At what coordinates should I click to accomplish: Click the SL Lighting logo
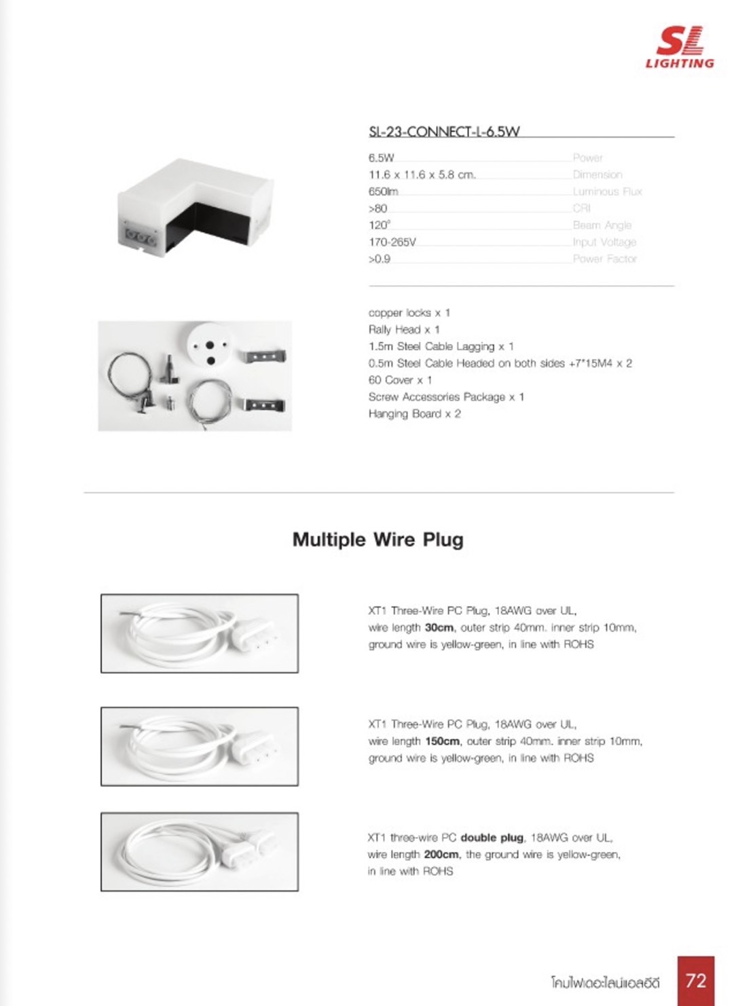[680, 48]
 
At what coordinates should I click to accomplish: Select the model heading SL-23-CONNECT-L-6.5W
[444, 132]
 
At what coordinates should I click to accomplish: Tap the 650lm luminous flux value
[383, 191]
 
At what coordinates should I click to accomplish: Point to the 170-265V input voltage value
[392, 242]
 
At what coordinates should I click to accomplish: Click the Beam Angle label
[602, 225]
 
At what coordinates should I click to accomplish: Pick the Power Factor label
[604, 259]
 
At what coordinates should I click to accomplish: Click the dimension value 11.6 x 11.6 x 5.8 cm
[422, 174]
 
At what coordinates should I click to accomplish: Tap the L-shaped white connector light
[196, 206]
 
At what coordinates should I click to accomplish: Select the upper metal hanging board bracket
[265, 356]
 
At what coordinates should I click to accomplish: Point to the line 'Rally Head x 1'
[404, 329]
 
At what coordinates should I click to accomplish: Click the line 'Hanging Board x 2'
[414, 413]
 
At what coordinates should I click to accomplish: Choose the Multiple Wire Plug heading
[378, 540]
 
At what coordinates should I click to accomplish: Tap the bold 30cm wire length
[439, 627]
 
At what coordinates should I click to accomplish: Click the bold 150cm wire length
[442, 741]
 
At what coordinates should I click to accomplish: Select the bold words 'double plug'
[492, 838]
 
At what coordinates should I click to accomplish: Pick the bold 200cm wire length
[441, 854]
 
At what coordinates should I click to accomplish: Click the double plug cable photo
[199, 851]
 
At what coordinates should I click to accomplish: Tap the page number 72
[695, 980]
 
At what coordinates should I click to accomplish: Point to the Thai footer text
[605, 982]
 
